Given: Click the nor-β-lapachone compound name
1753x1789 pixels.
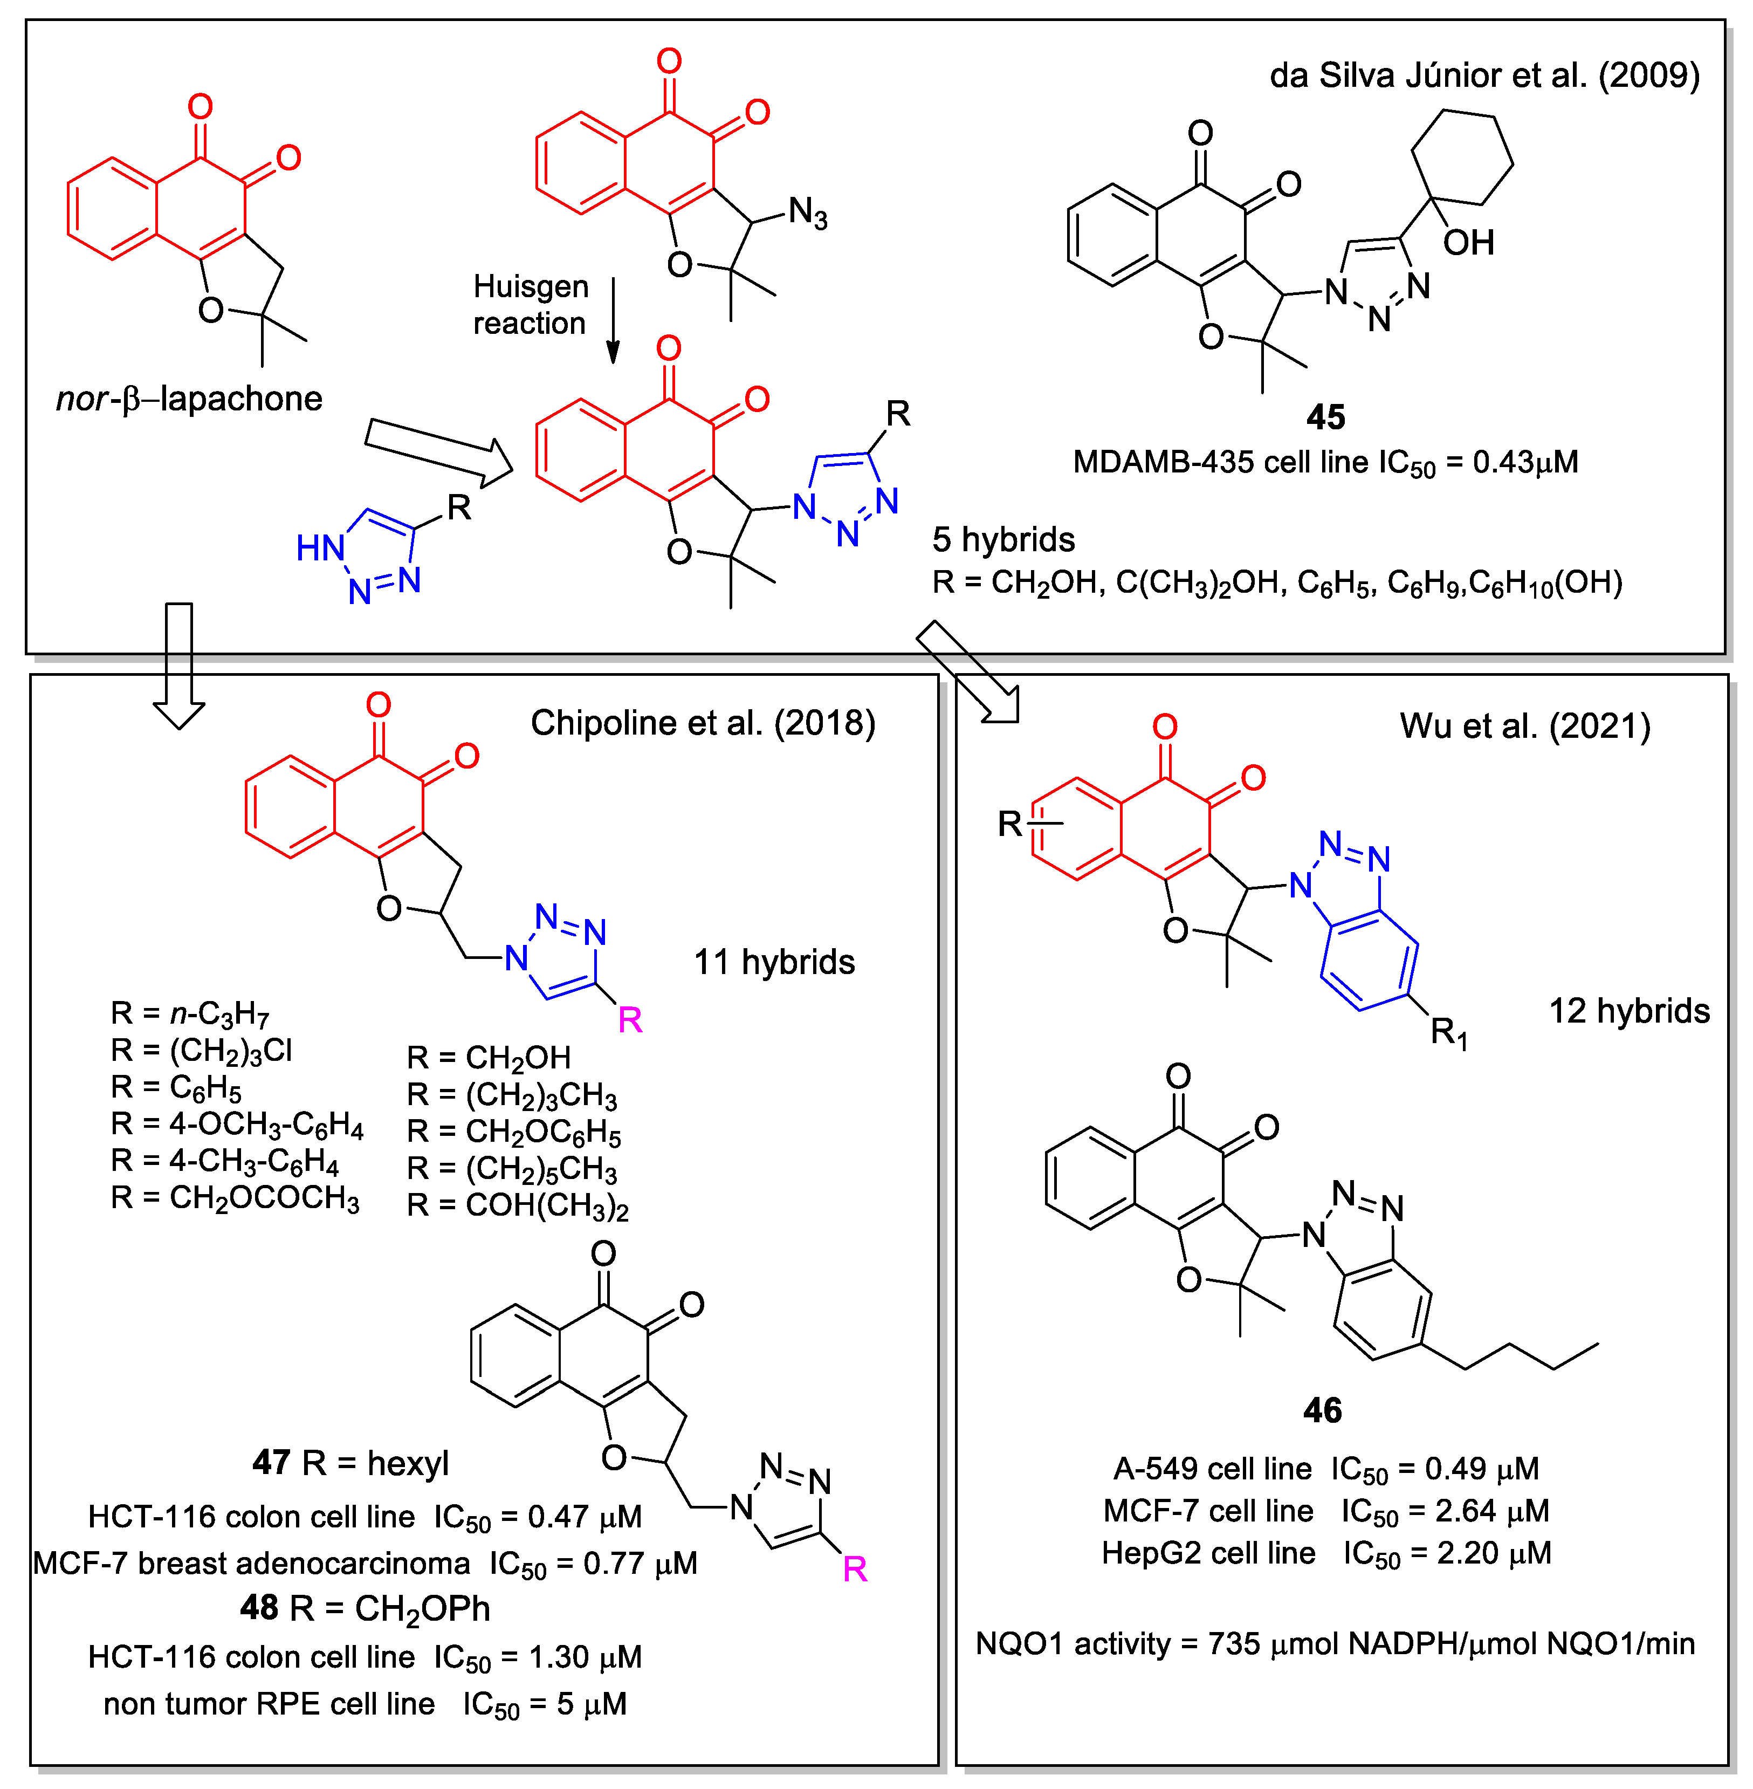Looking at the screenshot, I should tap(190, 399).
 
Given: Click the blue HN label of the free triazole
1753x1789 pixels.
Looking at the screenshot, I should tap(319, 549).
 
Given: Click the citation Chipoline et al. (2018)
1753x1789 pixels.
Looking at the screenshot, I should tap(703, 723).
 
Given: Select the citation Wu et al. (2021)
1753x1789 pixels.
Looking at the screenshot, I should tap(1525, 726).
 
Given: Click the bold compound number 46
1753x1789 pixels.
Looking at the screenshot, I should tap(1322, 1410).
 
